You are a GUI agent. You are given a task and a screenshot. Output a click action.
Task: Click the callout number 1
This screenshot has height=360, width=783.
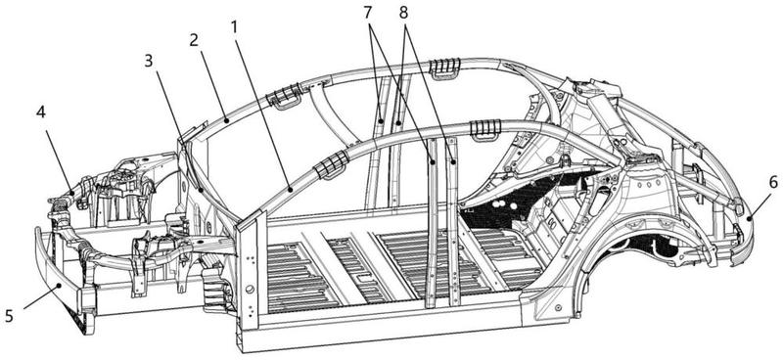coord(234,27)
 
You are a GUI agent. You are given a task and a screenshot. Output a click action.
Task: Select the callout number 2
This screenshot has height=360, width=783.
coord(194,40)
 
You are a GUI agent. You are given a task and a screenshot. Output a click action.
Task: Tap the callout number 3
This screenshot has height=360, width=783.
coord(149,61)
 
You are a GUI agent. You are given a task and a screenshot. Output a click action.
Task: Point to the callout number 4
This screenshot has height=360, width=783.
coord(41,112)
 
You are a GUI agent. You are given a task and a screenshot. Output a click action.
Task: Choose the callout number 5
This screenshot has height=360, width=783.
coord(9,316)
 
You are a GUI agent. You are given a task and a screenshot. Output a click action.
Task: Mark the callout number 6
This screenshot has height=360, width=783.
coord(772,183)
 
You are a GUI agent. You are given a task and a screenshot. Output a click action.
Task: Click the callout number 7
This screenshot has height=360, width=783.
coord(368,14)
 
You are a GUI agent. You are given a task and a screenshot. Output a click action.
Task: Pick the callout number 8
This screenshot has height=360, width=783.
coord(403,14)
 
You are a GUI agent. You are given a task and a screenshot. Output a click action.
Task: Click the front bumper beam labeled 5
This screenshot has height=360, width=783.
coord(60,272)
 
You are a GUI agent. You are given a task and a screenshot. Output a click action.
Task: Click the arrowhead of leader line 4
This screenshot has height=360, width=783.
coord(72,193)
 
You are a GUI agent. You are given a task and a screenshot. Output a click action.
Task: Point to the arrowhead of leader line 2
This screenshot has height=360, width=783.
coord(227,119)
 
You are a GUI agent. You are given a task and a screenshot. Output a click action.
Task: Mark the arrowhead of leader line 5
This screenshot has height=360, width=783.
coord(61,286)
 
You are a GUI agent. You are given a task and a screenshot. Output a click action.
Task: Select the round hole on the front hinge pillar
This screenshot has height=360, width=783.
coord(250,289)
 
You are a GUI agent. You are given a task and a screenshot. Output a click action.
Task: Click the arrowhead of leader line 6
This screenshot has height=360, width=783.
coord(750,217)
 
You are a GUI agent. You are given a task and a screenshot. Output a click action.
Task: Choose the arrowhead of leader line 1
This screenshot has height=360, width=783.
coord(291,189)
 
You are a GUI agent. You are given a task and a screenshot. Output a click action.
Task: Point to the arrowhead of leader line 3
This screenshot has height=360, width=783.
coord(201,190)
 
